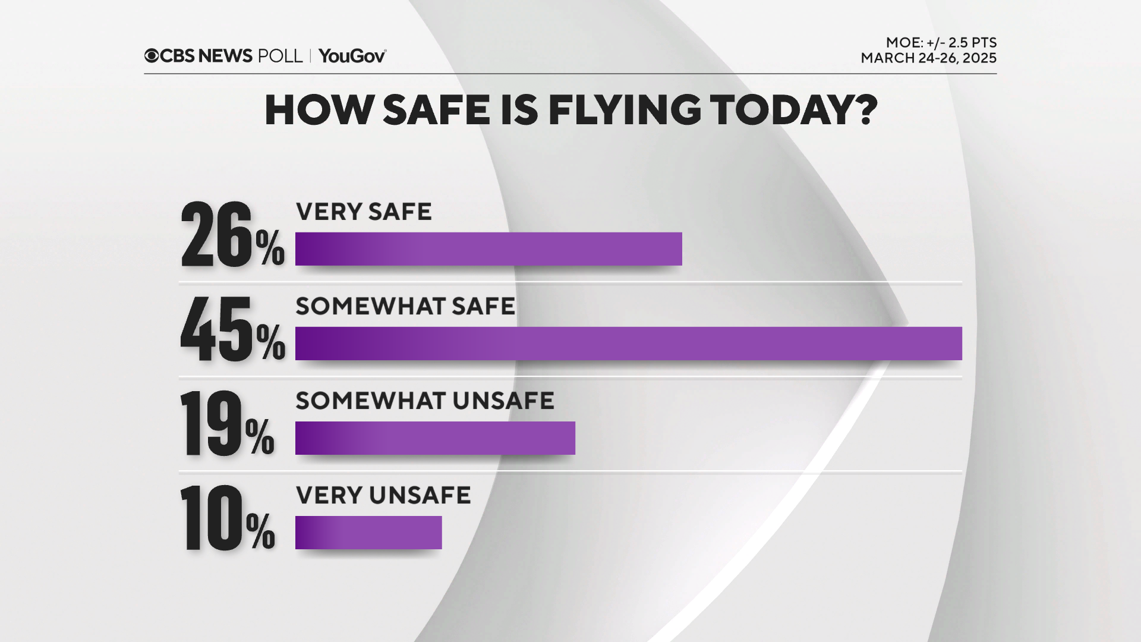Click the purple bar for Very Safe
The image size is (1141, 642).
[x=488, y=248]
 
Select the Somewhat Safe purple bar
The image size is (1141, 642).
[x=628, y=343]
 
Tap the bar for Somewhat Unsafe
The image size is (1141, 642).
[x=435, y=438]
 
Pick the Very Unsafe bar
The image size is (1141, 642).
[x=368, y=532]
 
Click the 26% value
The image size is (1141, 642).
[x=232, y=235]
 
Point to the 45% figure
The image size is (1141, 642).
[x=232, y=330]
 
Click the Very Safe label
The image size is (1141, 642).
[x=364, y=212]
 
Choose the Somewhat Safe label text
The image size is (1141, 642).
[x=405, y=306]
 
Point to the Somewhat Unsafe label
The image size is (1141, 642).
[x=425, y=401]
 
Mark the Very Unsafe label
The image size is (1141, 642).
[x=383, y=495]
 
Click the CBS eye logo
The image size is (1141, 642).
[x=152, y=56]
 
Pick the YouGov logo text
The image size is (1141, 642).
[x=352, y=56]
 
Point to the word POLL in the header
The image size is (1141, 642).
[x=280, y=56]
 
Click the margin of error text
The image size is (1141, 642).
[x=941, y=43]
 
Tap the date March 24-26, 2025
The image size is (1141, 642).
[x=928, y=58]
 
